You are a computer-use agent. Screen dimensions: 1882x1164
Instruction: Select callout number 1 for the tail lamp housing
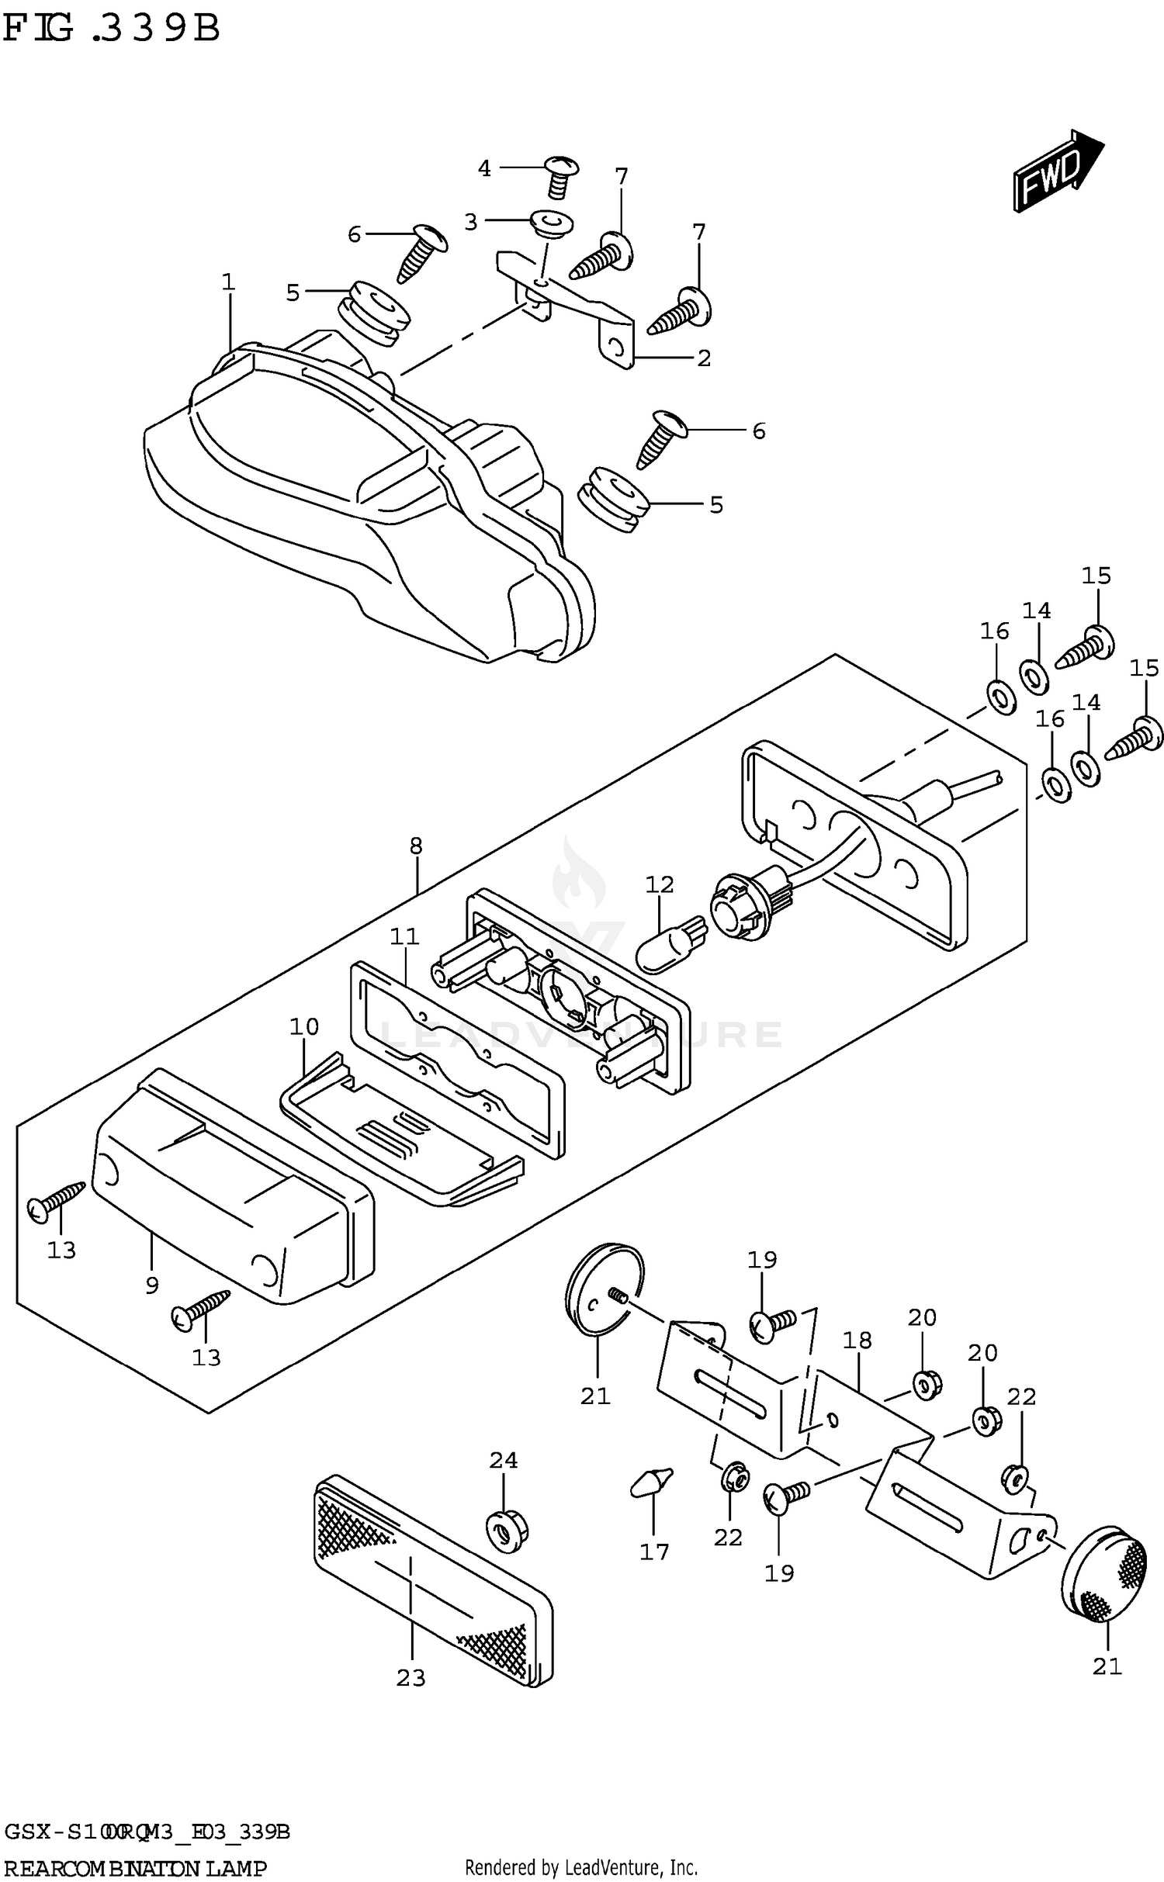tap(227, 282)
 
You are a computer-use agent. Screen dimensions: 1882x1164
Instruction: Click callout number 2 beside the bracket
tap(703, 358)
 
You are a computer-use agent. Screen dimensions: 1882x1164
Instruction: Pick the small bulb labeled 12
tap(672, 943)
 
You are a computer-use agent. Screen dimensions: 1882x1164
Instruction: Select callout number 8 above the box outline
tap(416, 846)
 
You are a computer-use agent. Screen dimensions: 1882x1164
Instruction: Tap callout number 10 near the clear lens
tap(304, 1027)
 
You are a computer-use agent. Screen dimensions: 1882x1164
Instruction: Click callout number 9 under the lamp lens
tap(152, 1285)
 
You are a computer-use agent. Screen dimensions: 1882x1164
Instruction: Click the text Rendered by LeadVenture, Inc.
tap(581, 1867)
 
